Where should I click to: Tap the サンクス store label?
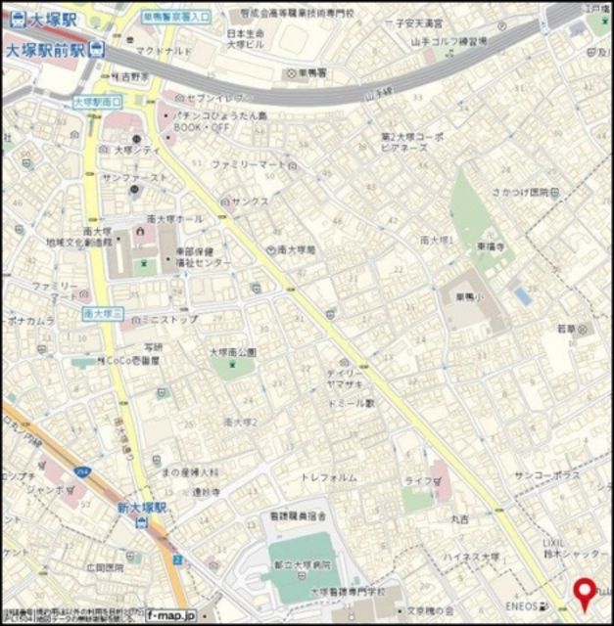251,201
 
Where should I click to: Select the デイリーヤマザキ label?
353,381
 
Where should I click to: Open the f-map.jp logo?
170,615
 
